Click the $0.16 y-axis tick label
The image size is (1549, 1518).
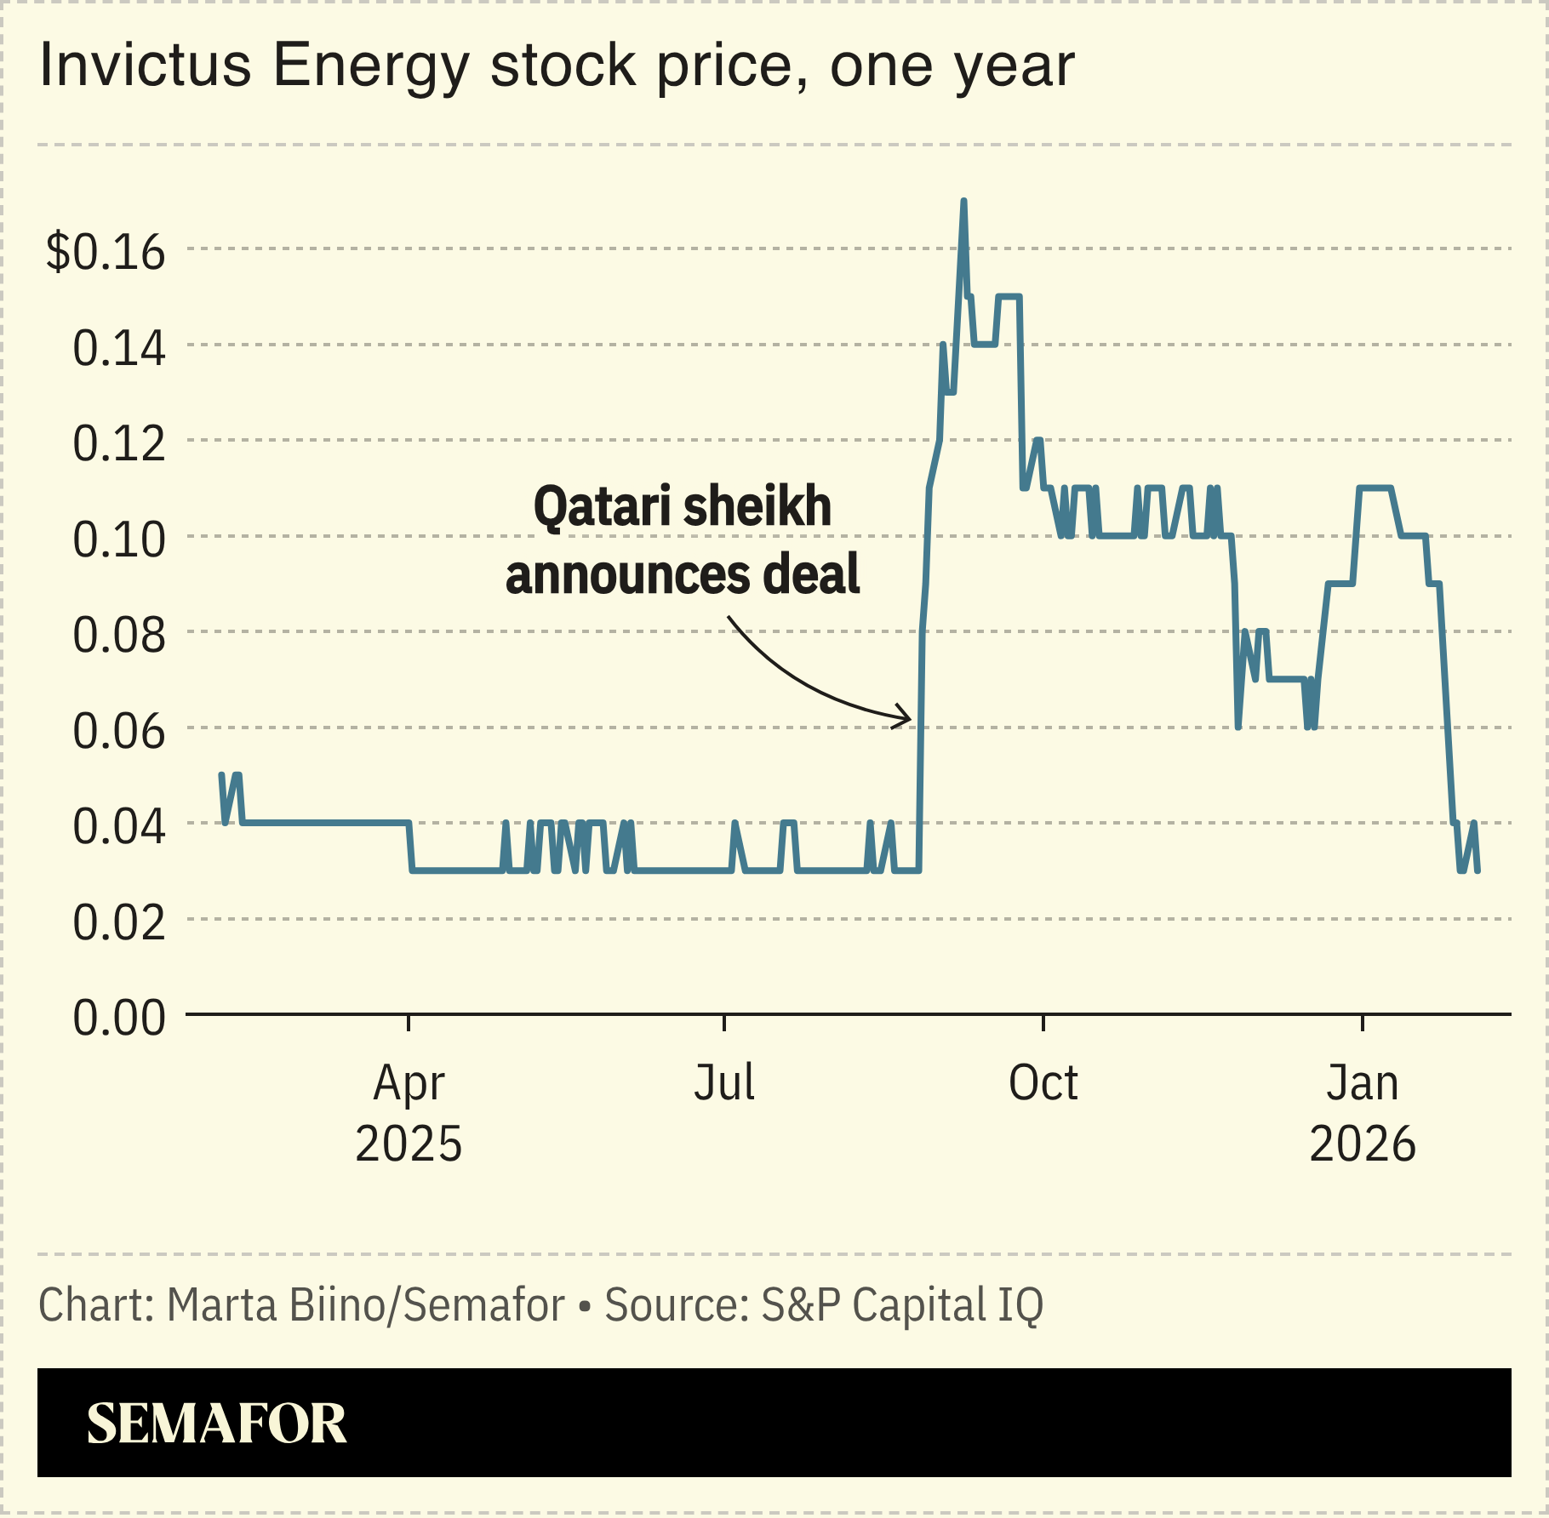pyautogui.click(x=106, y=252)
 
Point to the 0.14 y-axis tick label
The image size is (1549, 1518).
pyautogui.click(x=118, y=348)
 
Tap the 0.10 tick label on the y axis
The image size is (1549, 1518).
pyautogui.click(x=118, y=539)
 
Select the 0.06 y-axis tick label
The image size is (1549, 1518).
pyautogui.click(x=118, y=731)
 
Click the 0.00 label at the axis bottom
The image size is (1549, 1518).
pyautogui.click(x=118, y=1018)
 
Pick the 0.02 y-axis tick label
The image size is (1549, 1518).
pyautogui.click(x=118, y=922)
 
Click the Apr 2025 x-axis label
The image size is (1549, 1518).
pyautogui.click(x=409, y=1112)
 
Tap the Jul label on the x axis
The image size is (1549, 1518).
pyautogui.click(x=724, y=1083)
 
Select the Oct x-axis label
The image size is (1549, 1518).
pyautogui.click(x=1043, y=1083)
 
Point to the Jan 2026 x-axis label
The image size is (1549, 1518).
pyautogui.click(x=1362, y=1112)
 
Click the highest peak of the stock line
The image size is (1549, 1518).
pyautogui.click(x=963, y=202)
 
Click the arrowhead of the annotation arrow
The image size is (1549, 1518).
pyautogui.click(x=907, y=717)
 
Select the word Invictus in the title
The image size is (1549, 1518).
pyautogui.click(x=146, y=66)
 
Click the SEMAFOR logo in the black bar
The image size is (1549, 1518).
pyautogui.click(x=217, y=1424)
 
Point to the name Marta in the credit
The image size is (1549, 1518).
pyautogui.click(x=222, y=1304)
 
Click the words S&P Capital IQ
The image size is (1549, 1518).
pyautogui.click(x=901, y=1304)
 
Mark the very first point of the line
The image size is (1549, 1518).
pyautogui.click(x=221, y=774)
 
